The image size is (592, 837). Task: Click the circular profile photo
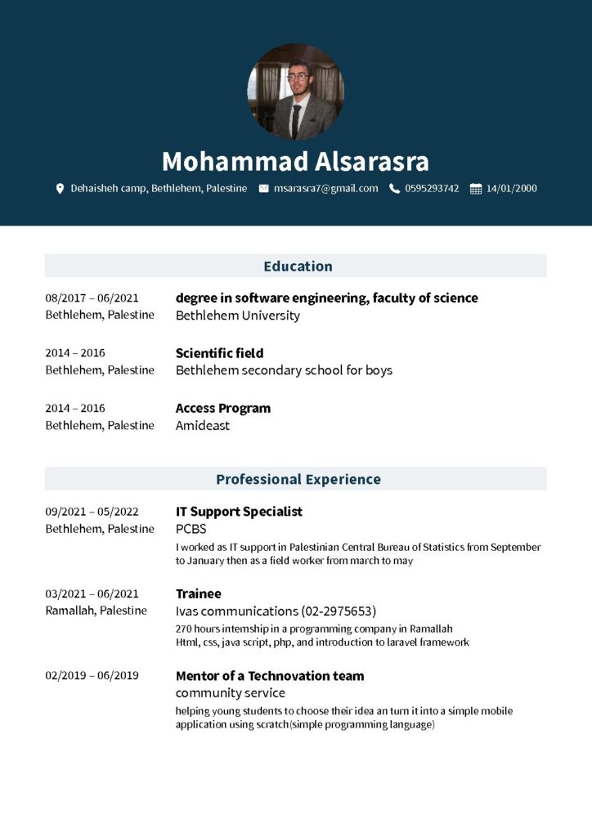(295, 92)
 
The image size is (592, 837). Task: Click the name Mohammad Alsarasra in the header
(295, 161)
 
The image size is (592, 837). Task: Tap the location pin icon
(60, 189)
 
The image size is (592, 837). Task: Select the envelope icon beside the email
(263, 189)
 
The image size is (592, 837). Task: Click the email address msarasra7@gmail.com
(325, 189)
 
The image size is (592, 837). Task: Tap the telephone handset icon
(394, 189)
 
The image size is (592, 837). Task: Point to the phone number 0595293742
(432, 189)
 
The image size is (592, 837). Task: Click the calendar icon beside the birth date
(475, 189)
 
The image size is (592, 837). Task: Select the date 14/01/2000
(511, 189)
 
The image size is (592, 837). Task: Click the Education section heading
(298, 266)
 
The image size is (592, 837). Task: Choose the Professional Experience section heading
(298, 479)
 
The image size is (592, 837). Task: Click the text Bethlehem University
(238, 316)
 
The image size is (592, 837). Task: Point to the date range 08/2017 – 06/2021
(92, 298)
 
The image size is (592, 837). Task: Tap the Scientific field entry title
(219, 353)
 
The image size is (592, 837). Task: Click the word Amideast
(203, 425)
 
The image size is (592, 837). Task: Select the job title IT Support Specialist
(239, 512)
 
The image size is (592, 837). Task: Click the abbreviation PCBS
(191, 529)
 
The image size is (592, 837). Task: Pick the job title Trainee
(199, 593)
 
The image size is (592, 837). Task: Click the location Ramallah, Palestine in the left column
(96, 611)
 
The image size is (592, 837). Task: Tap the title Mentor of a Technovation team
(270, 676)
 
